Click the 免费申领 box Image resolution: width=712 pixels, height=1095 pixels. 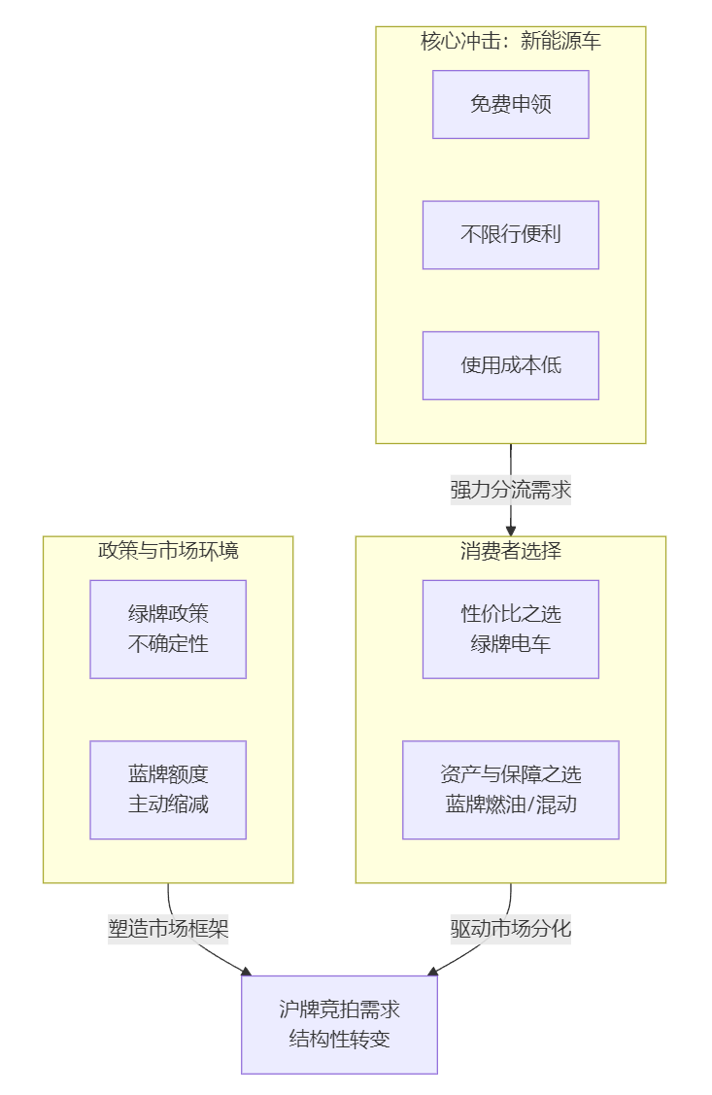(510, 104)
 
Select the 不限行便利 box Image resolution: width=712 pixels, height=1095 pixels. (510, 234)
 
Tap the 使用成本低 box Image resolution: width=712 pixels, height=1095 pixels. (510, 365)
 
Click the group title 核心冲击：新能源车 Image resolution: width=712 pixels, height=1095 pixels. (510, 41)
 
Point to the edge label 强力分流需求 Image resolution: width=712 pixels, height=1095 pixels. (510, 490)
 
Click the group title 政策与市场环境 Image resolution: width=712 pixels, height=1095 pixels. (168, 551)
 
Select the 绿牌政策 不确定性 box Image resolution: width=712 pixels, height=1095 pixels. (168, 629)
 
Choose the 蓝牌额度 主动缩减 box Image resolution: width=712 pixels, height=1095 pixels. (168, 789)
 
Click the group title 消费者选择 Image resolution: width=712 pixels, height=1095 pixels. (510, 551)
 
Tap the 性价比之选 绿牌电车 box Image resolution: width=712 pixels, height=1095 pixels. (510, 629)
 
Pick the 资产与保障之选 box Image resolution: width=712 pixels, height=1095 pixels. (510, 774)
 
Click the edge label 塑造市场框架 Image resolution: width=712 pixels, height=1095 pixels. (168, 928)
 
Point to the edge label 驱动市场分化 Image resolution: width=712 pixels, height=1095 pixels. (510, 928)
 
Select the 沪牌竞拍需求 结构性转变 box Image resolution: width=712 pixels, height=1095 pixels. (339, 1024)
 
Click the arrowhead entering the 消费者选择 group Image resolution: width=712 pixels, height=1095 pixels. (510, 530)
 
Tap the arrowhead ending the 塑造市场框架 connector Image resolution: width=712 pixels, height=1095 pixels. (246, 971)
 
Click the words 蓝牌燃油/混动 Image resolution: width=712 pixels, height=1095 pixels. (510, 804)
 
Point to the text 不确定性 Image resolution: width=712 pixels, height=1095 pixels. (168, 643)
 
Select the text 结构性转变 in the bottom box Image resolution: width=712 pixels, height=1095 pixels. (339, 1039)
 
